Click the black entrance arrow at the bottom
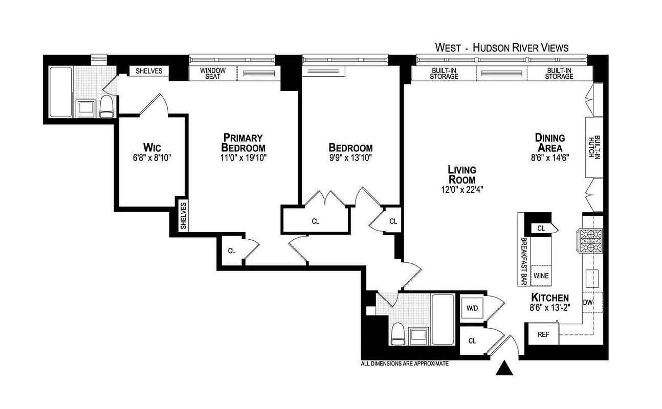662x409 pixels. point(505,369)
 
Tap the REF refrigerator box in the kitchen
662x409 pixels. point(543,334)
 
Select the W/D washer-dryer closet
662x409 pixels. point(472,308)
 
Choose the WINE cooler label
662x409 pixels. point(541,276)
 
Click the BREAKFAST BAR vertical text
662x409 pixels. point(524,260)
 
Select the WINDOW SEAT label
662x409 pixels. point(210,74)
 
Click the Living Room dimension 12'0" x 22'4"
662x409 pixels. point(461,189)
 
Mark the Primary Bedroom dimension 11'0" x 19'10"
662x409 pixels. point(243,158)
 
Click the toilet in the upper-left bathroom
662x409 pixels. point(106,107)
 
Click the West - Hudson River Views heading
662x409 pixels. point(501,48)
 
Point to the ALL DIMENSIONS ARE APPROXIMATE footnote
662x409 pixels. point(405,364)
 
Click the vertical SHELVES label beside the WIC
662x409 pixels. point(183,215)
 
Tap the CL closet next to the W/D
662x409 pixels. point(472,341)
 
